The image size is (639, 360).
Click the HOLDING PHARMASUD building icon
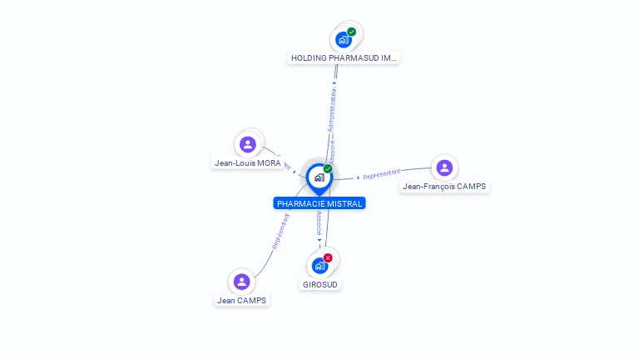coord(343,39)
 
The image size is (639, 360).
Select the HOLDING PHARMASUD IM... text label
coord(344,58)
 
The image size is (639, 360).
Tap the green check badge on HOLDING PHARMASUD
coord(352,32)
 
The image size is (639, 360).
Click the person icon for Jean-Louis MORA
coord(247,144)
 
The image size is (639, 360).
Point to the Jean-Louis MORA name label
coord(248,163)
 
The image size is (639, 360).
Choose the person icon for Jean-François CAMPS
coord(444,167)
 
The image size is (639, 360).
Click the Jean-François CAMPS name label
coord(444,187)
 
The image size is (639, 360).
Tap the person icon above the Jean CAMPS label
coord(242,281)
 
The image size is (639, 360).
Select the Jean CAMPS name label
coord(242,300)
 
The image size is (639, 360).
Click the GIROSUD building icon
coord(319,266)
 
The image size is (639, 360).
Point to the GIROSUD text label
coord(320,284)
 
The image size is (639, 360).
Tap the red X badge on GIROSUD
coord(328,258)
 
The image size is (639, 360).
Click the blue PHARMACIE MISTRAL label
coord(319,203)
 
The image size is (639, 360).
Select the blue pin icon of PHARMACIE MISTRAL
coord(319,178)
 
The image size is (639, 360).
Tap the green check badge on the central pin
coord(328,169)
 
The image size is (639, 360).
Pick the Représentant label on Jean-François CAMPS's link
coord(382,174)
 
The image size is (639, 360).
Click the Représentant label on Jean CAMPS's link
coord(280,232)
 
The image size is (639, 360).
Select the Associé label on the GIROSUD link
coord(319,221)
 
